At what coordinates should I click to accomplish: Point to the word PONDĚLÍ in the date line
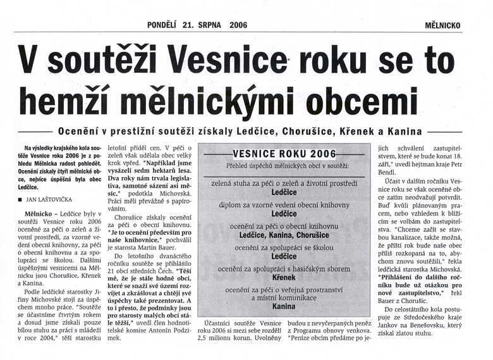tap(163, 25)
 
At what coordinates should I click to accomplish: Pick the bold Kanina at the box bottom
tap(284, 306)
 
